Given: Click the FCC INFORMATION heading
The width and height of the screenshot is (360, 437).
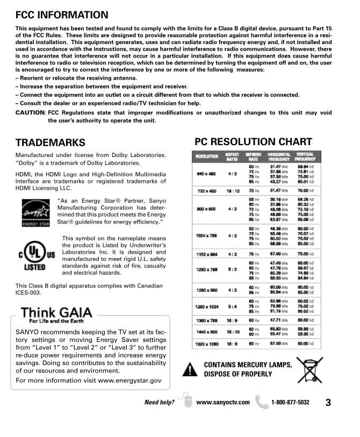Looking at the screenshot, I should click(62, 15).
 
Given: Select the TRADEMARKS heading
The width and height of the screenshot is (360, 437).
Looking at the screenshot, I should click(51, 142).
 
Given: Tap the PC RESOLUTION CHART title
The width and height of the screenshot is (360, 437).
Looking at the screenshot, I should click(253, 142).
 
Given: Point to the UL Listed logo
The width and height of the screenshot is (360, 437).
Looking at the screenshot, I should click(37, 257).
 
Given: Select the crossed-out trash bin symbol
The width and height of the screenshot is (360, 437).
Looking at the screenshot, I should click(310, 369).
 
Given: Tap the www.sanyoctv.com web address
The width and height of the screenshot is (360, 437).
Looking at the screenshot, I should click(223, 402).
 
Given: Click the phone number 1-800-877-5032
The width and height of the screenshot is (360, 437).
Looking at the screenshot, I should click(290, 402).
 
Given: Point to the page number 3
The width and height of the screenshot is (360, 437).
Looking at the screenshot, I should click(327, 402).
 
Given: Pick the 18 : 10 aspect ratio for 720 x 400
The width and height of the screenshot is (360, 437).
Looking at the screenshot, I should click(232, 191).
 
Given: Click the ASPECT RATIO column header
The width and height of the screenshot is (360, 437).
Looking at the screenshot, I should click(232, 156).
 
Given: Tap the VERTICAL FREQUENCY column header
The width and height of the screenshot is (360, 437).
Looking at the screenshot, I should click(305, 156).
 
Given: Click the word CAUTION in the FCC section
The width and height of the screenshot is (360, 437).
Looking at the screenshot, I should click(30, 113).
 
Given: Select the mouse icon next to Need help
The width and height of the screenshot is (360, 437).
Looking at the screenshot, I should click(185, 402).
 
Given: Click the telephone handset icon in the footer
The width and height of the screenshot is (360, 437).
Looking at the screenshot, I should click(262, 402).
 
